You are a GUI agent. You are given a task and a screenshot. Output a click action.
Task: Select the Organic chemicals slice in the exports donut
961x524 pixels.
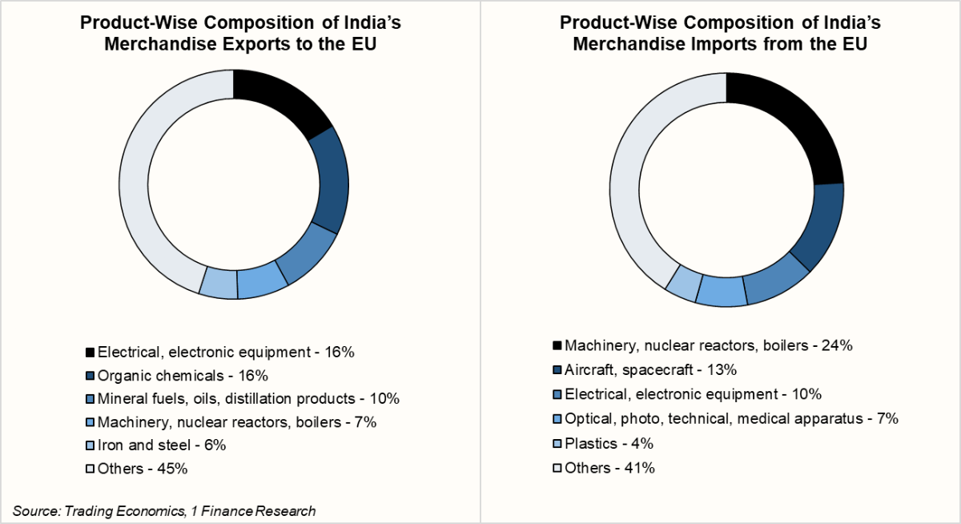tap(331, 180)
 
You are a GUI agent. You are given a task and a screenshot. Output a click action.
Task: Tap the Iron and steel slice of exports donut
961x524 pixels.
tap(218, 283)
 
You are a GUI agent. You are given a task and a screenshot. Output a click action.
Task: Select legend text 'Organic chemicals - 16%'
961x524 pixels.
tap(182, 375)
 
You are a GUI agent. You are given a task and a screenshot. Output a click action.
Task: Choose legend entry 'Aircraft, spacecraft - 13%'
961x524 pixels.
tap(650, 369)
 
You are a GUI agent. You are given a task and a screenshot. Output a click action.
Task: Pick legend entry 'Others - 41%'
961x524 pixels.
tap(609, 468)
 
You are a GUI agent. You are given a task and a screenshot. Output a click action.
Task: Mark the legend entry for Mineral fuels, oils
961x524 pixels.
tap(247, 398)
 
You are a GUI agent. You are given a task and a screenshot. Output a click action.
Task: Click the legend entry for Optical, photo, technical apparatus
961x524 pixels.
tap(731, 418)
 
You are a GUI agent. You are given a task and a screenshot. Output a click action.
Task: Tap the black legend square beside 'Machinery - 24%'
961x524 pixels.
tap(557, 346)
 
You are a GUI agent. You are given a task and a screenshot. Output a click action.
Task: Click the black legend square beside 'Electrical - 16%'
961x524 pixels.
tap(89, 352)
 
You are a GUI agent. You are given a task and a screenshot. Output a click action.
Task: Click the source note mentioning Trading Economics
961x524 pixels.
tap(164, 510)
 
